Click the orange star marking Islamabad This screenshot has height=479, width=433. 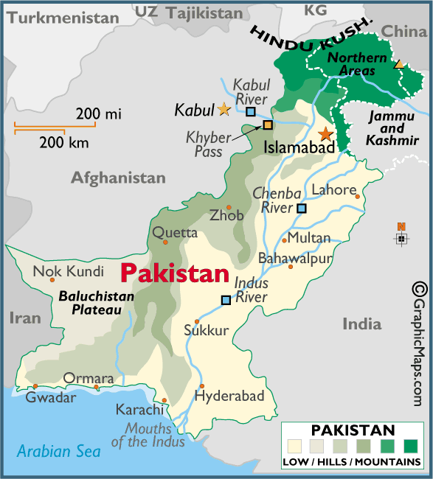[325, 134]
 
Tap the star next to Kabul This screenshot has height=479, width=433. [224, 109]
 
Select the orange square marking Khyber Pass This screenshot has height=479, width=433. [268, 125]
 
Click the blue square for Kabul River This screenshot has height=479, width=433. [251, 111]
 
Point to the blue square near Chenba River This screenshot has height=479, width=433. [301, 209]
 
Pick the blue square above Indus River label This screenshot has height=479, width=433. [226, 299]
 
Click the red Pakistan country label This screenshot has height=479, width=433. [174, 274]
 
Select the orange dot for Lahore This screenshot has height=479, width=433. [358, 196]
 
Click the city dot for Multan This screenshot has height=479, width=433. [285, 240]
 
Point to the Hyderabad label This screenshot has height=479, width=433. [229, 396]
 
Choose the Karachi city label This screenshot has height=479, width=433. [139, 410]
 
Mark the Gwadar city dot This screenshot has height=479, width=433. [35, 386]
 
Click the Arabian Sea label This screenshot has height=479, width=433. [59, 452]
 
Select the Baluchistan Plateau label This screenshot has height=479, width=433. [96, 304]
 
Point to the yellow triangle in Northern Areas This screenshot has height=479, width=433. [399, 65]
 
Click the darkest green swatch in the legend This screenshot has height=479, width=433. [410, 446]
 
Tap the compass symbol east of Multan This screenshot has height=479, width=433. [401, 238]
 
